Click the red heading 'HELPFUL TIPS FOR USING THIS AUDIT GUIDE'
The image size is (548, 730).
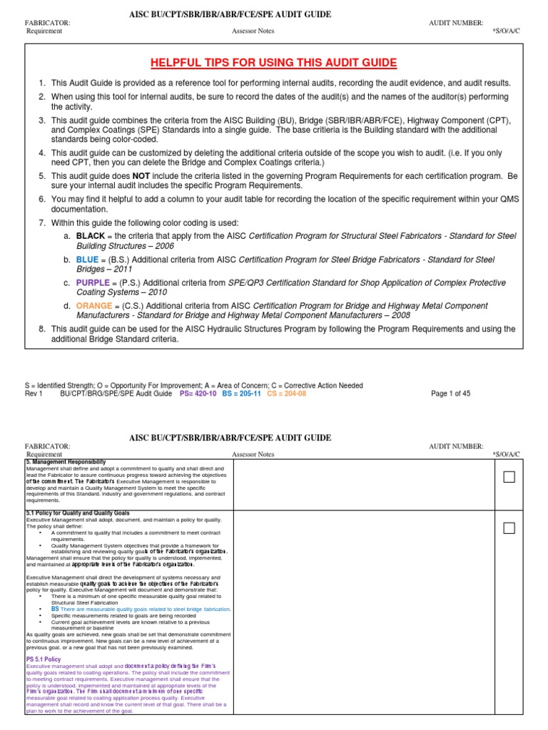click(x=273, y=63)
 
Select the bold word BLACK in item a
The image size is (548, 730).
click(x=91, y=235)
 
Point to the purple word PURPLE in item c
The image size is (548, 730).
click(x=94, y=282)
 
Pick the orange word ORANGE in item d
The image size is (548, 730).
click(x=95, y=306)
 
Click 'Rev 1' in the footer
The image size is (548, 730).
click(x=34, y=394)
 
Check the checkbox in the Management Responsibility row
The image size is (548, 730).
click(x=509, y=478)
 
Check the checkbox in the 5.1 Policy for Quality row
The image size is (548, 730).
click(x=509, y=528)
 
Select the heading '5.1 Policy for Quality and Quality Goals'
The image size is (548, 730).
click(x=79, y=513)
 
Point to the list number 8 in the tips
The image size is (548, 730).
click(x=42, y=329)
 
